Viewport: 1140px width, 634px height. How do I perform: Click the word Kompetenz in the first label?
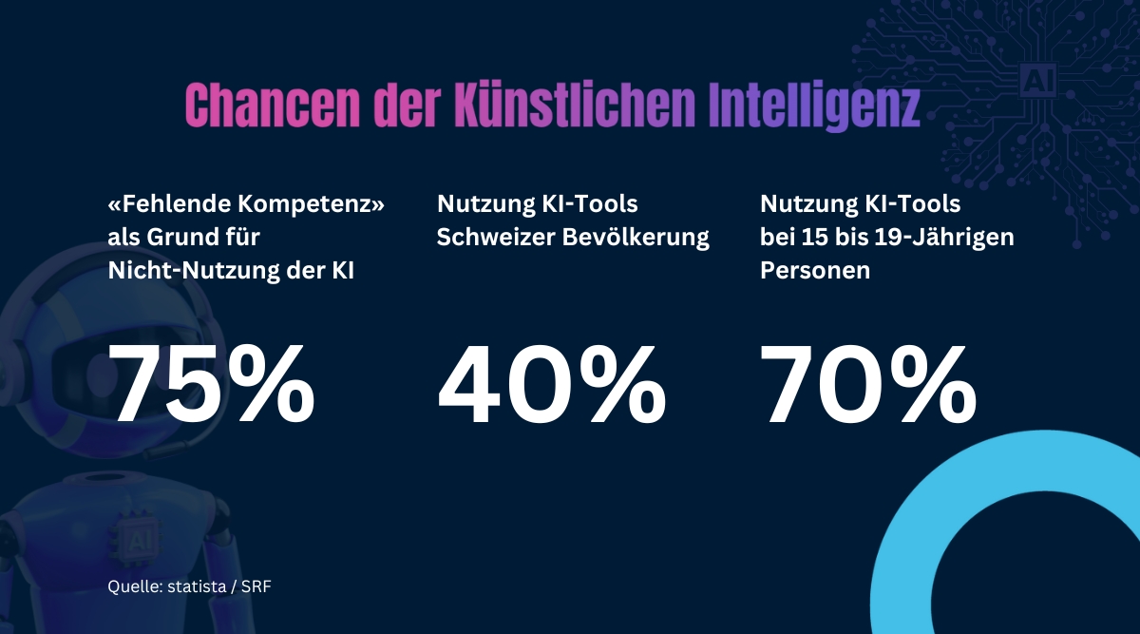303,204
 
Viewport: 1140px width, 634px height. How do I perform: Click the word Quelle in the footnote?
131,587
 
